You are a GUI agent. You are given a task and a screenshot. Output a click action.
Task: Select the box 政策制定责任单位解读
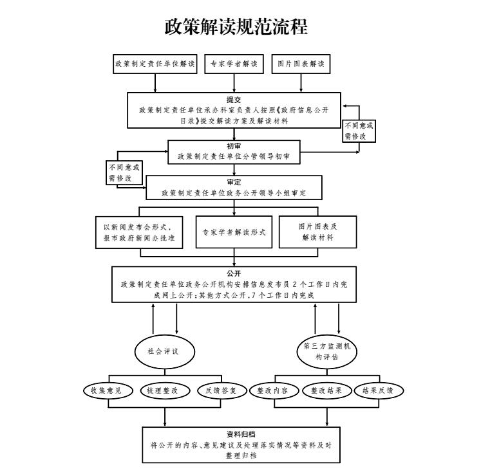pos(155,64)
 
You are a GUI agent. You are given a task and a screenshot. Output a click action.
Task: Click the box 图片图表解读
pos(300,64)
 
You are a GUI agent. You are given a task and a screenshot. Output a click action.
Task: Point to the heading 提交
pos(233,100)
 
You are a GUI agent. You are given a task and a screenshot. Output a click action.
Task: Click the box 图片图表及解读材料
pos(317,232)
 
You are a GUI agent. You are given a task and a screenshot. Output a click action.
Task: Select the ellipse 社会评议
pos(164,351)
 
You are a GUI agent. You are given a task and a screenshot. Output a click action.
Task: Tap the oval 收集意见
pos(108,390)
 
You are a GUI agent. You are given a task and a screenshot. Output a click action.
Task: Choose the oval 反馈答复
pos(221,390)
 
